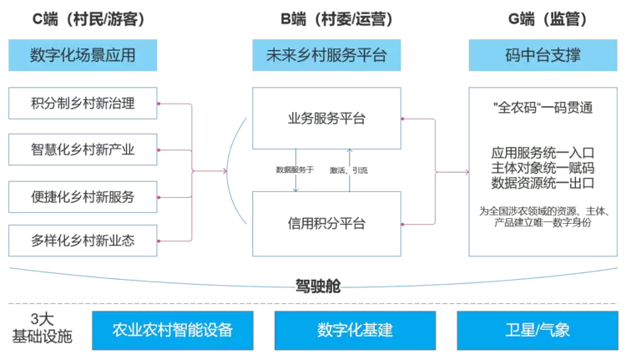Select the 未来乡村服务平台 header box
pyautogui.click(x=321, y=56)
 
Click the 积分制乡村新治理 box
pyautogui.click(x=83, y=104)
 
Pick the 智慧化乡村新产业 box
pyautogui.click(x=83, y=150)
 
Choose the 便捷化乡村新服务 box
pyautogui.click(x=83, y=197)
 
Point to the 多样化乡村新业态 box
pyautogui.click(x=83, y=241)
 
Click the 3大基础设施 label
pyautogui.click(x=41, y=328)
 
